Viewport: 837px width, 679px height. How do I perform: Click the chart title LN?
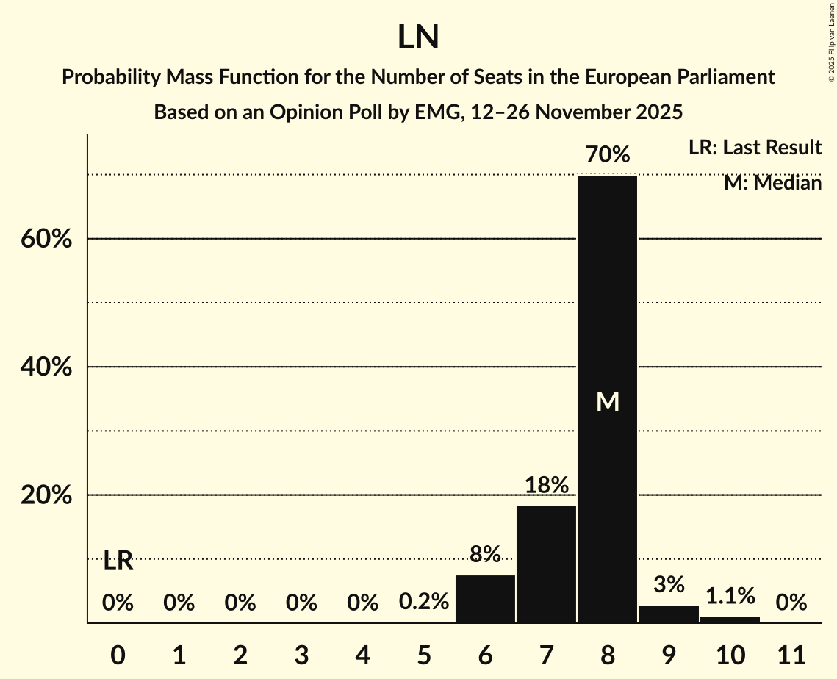(418, 37)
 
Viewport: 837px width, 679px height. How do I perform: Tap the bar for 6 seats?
(485, 599)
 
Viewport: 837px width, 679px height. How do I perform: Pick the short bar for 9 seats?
(669, 614)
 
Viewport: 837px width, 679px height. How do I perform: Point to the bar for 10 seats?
(730, 619)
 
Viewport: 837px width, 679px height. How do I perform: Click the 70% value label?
(607, 155)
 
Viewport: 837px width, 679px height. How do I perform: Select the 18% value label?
(546, 486)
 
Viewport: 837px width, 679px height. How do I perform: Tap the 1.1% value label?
(730, 596)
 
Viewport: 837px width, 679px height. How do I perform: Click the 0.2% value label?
(424, 603)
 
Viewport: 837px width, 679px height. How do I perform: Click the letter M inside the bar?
(607, 401)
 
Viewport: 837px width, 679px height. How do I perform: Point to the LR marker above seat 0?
(118, 561)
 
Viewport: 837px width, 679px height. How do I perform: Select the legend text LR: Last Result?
(755, 148)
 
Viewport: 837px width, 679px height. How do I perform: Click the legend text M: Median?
(772, 183)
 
